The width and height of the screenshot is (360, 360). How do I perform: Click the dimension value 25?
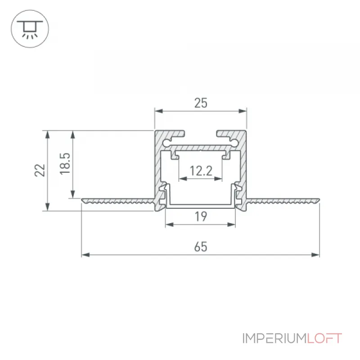pyautogui.click(x=201, y=103)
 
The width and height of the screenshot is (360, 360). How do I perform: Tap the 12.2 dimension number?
pyautogui.click(x=201, y=171)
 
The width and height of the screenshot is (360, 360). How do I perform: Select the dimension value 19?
pyautogui.click(x=201, y=216)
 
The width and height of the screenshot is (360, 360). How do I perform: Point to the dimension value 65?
pyautogui.click(x=201, y=247)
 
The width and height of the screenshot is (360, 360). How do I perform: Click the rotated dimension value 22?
pyautogui.click(x=40, y=170)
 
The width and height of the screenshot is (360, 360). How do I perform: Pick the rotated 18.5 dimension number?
pyautogui.click(x=65, y=163)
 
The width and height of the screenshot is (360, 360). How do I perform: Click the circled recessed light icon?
pyautogui.click(x=30, y=29)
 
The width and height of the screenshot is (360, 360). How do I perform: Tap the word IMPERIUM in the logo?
pyautogui.click(x=274, y=338)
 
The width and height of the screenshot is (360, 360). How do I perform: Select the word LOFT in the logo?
pyautogui.click(x=324, y=338)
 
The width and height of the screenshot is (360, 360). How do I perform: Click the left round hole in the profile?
pyautogui.click(x=166, y=143)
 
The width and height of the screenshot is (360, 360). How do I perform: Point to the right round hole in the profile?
pyautogui.click(x=235, y=143)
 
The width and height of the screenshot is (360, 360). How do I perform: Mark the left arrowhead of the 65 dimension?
pyautogui.click(x=85, y=255)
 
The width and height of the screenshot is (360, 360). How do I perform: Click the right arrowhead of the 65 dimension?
pyautogui.click(x=316, y=255)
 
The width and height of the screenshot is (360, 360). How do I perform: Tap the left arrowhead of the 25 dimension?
pyautogui.click(x=159, y=111)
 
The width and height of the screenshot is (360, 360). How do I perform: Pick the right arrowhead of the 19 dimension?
pyautogui.click(x=231, y=225)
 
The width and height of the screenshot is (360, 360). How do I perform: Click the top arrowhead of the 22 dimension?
pyautogui.click(x=48, y=135)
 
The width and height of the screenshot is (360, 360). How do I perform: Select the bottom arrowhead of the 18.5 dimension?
pyautogui.click(x=73, y=194)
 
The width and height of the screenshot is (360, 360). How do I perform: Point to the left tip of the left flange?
pyautogui.click(x=82, y=200)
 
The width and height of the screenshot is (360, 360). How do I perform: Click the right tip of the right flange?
pyautogui.click(x=319, y=200)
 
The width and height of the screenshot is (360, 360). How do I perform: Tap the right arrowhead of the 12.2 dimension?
pyautogui.click(x=218, y=179)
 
